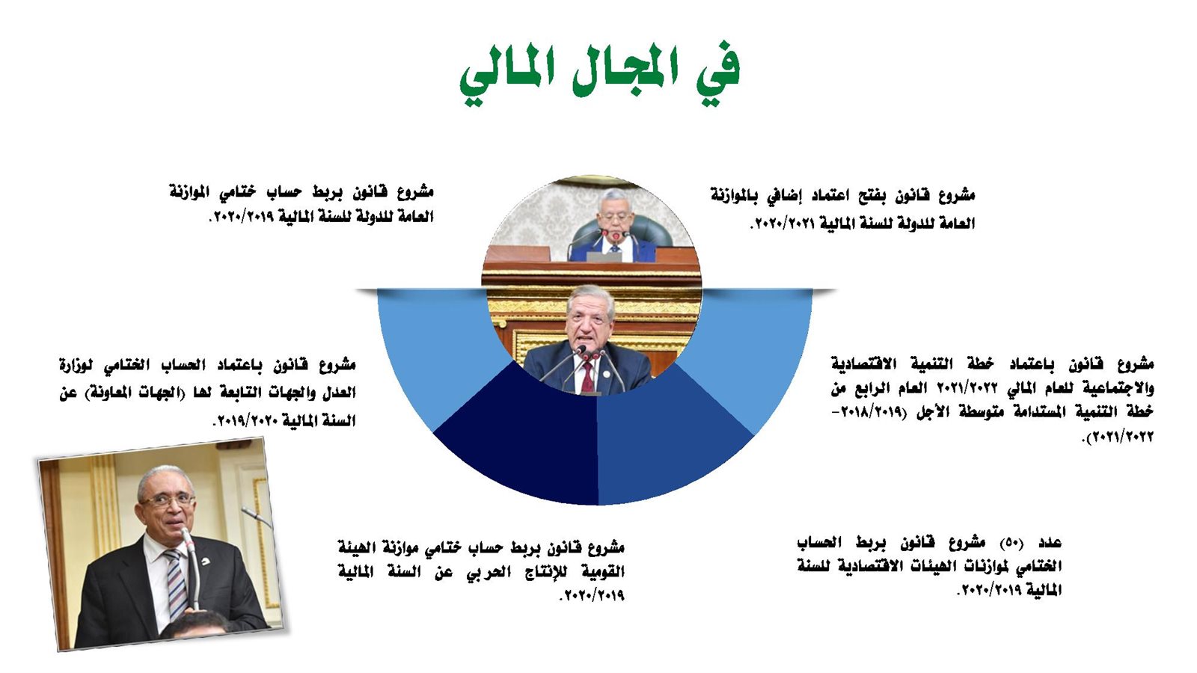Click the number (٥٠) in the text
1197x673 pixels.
click(1011, 544)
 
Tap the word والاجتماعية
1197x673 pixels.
click(1114, 388)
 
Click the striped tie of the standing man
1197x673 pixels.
click(177, 584)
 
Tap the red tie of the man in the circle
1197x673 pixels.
click(587, 377)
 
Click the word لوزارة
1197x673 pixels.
click(76, 366)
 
